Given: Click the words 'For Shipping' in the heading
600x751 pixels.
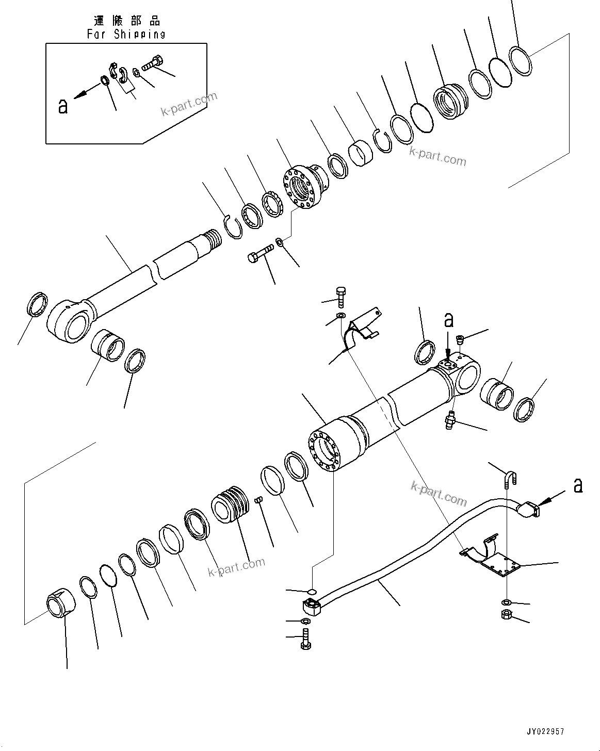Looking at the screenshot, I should (126, 34).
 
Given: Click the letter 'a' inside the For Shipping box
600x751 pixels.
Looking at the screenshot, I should (63, 106).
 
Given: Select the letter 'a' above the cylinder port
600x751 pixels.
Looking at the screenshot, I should (449, 320).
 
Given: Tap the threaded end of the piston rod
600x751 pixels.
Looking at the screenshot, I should (212, 241).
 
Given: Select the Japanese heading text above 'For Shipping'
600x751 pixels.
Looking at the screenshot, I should (126, 21).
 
